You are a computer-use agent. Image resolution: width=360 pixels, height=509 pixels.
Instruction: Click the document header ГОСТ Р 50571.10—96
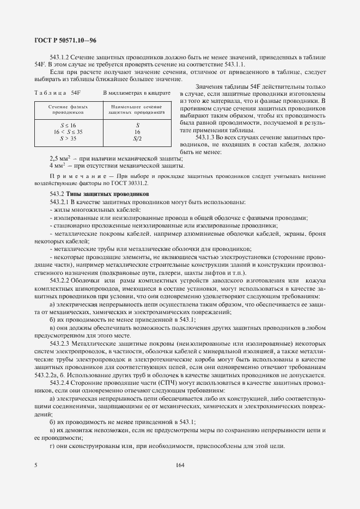click(61, 41)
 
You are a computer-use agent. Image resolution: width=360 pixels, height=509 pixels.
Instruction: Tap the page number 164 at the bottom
click(180, 465)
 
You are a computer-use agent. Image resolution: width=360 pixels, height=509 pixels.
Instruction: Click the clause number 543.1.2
click(62, 58)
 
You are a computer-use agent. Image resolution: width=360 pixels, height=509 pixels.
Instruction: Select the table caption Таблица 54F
click(57, 93)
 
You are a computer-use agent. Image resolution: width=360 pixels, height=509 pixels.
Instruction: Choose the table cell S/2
click(137, 139)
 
